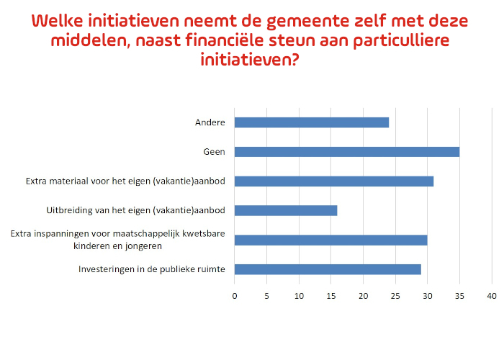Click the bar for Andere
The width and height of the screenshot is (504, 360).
[x=312, y=122]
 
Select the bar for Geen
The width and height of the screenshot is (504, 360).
[x=347, y=152]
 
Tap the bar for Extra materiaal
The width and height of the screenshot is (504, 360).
[x=334, y=181]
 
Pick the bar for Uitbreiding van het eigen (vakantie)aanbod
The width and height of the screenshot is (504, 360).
[x=286, y=210]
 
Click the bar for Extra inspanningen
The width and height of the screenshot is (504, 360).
[x=330, y=240]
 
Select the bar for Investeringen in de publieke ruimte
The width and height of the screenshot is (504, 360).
[x=328, y=269]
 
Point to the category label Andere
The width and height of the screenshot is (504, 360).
[x=210, y=122]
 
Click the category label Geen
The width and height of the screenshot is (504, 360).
[x=214, y=152]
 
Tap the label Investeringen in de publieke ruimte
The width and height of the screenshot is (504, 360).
[x=152, y=269]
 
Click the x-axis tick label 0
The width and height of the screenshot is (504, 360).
[x=235, y=296]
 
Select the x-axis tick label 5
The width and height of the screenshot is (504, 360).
[x=267, y=296]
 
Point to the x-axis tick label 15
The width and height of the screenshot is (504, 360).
[x=331, y=296]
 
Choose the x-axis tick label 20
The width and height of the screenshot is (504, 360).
[x=363, y=296]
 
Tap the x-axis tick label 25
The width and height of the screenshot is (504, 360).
[x=395, y=296]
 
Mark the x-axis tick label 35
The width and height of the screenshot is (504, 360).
[x=459, y=296]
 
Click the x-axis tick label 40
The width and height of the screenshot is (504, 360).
[x=492, y=296]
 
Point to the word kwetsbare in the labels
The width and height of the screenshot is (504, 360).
[x=204, y=234]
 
